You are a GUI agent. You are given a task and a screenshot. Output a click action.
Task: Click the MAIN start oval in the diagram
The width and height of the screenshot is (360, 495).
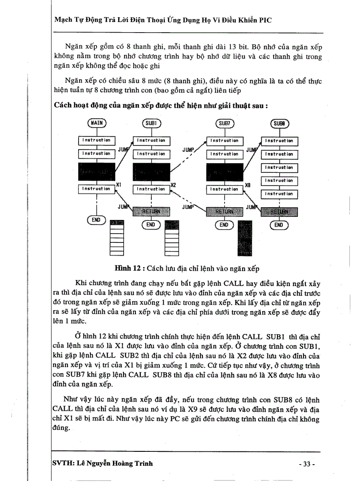coord(96,124)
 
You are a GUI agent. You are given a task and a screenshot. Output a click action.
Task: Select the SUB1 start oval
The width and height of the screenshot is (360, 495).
coord(152,124)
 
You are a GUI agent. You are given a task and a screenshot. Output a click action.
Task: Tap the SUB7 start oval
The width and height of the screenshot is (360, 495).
coord(225,124)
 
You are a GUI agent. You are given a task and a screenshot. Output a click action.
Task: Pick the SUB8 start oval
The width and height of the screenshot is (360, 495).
coord(279,124)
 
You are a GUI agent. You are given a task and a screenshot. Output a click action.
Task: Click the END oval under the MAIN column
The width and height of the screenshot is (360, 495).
coord(96,220)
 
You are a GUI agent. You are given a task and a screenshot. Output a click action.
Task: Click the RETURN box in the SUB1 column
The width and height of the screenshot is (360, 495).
coord(151,211)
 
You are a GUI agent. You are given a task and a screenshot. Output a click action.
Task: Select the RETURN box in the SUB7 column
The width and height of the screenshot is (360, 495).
coord(225,212)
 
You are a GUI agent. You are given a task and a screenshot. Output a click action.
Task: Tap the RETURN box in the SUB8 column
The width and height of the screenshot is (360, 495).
coord(279,212)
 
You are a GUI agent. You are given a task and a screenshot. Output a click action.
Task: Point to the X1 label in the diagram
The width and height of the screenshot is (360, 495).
coord(119,184)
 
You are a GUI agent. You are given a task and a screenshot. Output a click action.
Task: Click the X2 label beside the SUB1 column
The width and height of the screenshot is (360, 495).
coord(173,185)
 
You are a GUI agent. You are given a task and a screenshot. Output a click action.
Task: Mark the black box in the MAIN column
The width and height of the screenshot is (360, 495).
coord(96,171)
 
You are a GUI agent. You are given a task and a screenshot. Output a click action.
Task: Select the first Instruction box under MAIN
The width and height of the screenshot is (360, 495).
coord(96,140)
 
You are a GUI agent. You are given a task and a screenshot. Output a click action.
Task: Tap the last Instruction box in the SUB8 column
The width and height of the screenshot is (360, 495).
coord(279,194)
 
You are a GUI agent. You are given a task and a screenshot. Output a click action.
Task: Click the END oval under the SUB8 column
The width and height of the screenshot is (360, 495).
coord(278,225)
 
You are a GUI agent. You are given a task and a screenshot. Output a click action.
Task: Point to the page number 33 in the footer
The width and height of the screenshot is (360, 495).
coord(307,464)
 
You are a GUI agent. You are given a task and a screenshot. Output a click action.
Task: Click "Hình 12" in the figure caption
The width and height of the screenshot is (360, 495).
coord(128,268)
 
